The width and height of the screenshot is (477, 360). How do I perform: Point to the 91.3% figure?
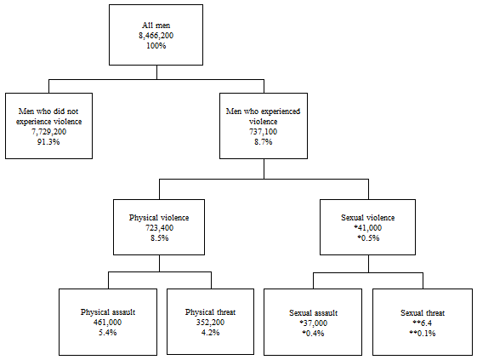[48, 141]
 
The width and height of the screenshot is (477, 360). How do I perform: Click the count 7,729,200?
[48, 131]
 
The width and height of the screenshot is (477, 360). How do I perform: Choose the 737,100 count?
[263, 131]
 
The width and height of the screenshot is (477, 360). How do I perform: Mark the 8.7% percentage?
[263, 142]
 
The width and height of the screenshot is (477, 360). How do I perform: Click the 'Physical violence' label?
[158, 218]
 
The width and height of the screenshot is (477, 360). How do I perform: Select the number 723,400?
[158, 229]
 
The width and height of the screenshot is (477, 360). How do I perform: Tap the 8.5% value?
[158, 239]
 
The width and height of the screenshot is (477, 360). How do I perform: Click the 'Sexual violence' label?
[368, 218]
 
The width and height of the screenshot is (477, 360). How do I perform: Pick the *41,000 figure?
[368, 229]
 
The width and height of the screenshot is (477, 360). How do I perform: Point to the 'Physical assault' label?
[107, 311]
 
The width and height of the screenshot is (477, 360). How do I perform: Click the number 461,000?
[107, 322]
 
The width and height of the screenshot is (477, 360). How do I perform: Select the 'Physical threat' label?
[211, 311]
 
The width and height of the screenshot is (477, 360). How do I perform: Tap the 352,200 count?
[211, 322]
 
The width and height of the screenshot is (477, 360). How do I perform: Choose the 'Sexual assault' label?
[314, 312]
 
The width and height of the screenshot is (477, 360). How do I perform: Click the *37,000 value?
[314, 323]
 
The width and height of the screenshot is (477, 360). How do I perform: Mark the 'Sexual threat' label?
[422, 312]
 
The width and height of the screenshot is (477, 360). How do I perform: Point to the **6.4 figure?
[422, 323]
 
